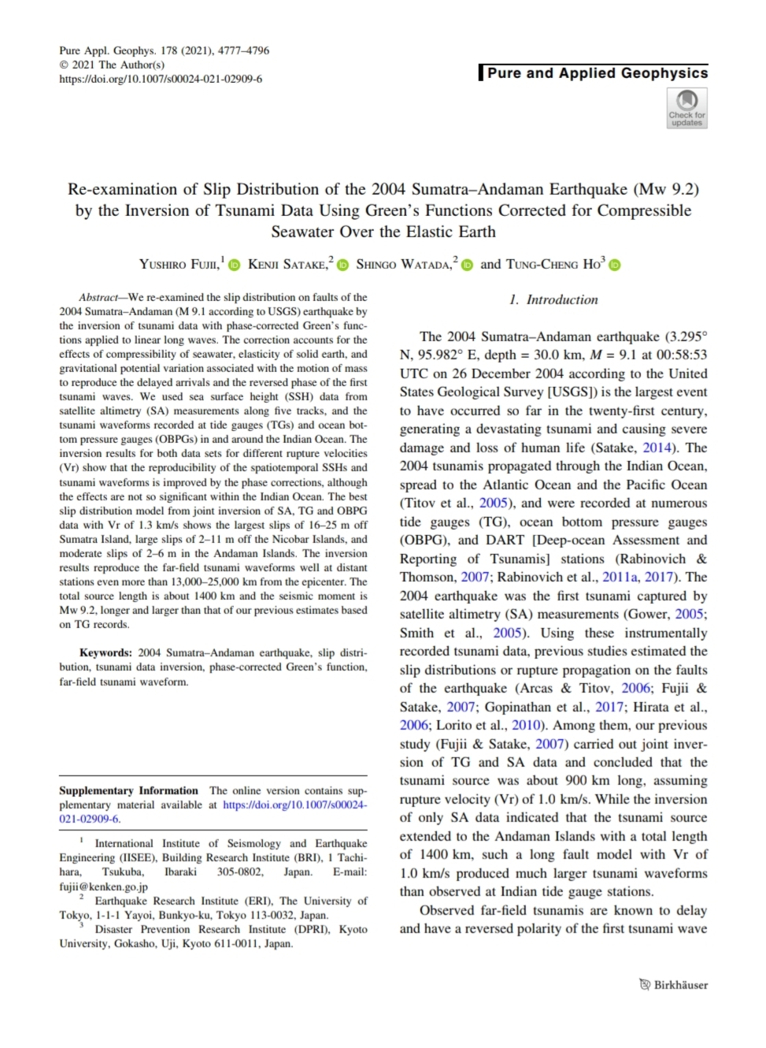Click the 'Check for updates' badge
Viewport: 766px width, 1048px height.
[686, 108]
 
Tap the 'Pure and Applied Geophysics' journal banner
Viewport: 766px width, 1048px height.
[597, 73]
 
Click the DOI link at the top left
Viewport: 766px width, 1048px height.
[161, 79]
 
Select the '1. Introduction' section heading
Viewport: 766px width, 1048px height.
[553, 299]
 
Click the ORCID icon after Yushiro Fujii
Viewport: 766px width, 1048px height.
[234, 265]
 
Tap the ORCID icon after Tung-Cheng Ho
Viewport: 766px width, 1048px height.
[615, 265]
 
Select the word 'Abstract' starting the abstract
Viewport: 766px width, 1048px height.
[98, 297]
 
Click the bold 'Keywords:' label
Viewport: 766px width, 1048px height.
[105, 652]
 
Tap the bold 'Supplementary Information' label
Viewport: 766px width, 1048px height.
[128, 790]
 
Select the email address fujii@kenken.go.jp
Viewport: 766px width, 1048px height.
[103, 886]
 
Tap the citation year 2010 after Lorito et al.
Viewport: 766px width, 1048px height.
[526, 725]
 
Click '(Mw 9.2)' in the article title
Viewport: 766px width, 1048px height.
[668, 189]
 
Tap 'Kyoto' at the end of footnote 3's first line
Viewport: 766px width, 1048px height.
[353, 929]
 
